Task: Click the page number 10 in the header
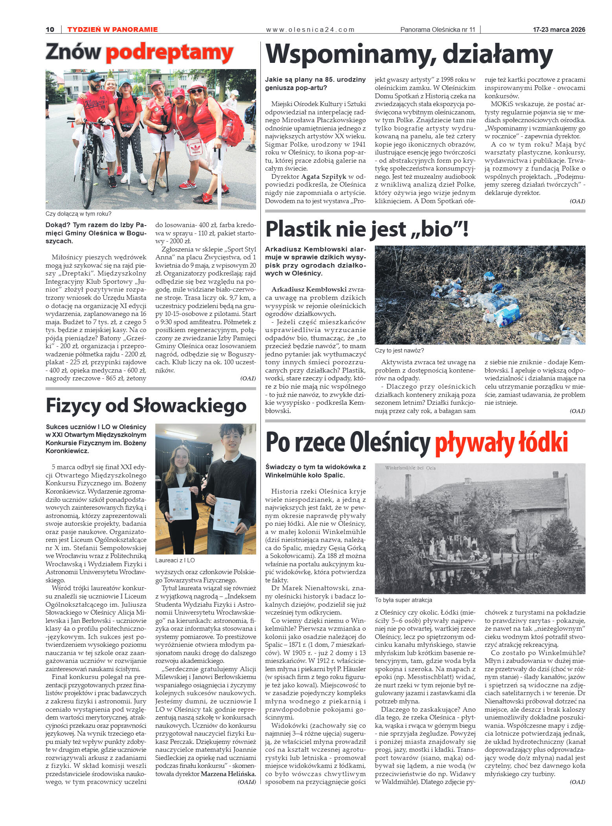50,29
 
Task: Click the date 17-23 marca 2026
559,29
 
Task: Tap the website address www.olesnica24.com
310,29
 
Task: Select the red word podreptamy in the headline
169,53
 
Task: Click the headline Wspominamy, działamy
409,54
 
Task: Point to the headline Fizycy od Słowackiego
146,406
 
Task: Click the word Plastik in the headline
298,229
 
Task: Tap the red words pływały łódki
501,442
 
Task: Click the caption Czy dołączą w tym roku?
79,214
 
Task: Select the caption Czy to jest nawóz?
399,351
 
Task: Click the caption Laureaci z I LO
175,560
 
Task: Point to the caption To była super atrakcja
403,600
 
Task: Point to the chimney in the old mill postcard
408,487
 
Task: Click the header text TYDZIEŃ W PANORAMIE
112,29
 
